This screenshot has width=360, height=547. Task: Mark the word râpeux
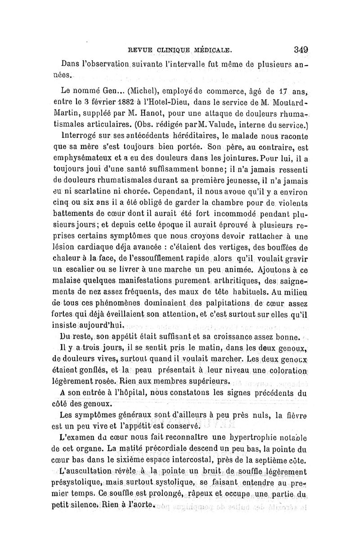202,497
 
